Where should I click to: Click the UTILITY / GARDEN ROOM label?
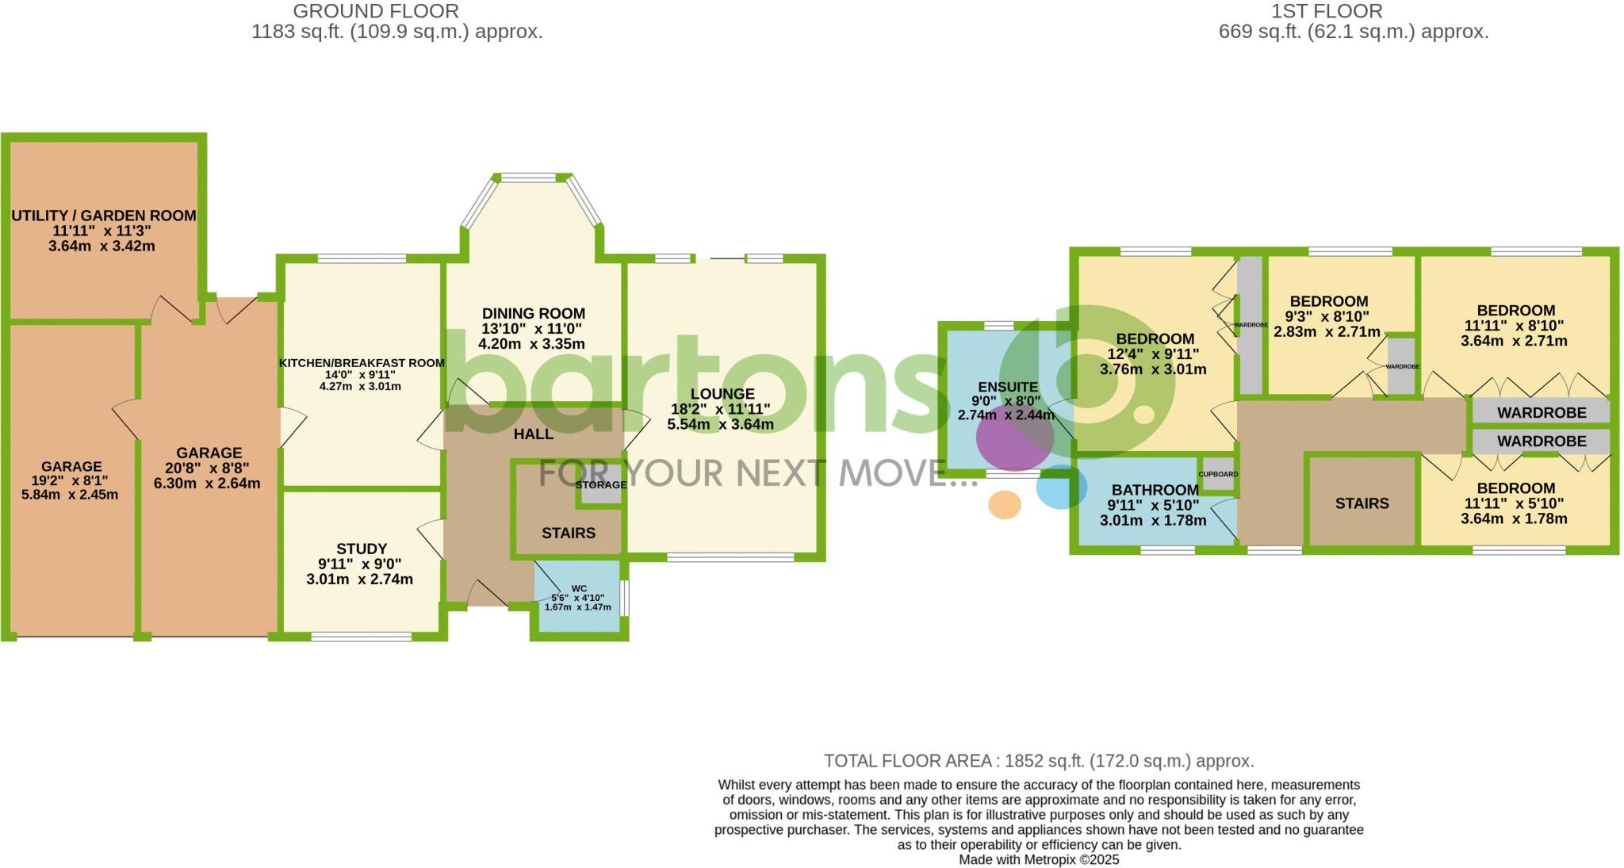pos(103,215)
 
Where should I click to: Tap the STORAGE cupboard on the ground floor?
pos(601,485)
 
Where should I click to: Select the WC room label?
pos(579,588)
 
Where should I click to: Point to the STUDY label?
pos(362,549)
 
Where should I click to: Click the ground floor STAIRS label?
pos(569,533)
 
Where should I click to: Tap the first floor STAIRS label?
pos(1362,503)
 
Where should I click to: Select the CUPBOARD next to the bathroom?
pos(1218,474)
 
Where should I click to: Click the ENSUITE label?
pos(1007,387)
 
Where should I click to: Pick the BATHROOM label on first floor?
pos(1155,490)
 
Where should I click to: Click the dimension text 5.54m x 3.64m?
pos(720,424)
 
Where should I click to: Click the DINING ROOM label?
pos(533,313)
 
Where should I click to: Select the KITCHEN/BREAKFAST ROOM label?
pos(362,363)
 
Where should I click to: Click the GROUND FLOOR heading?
pos(375,11)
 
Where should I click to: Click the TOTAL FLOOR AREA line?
pos(1039,761)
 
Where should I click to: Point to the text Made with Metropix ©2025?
pos(1039,859)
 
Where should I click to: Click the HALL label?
pos(533,434)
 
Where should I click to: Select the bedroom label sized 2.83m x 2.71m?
pos(1328,301)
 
